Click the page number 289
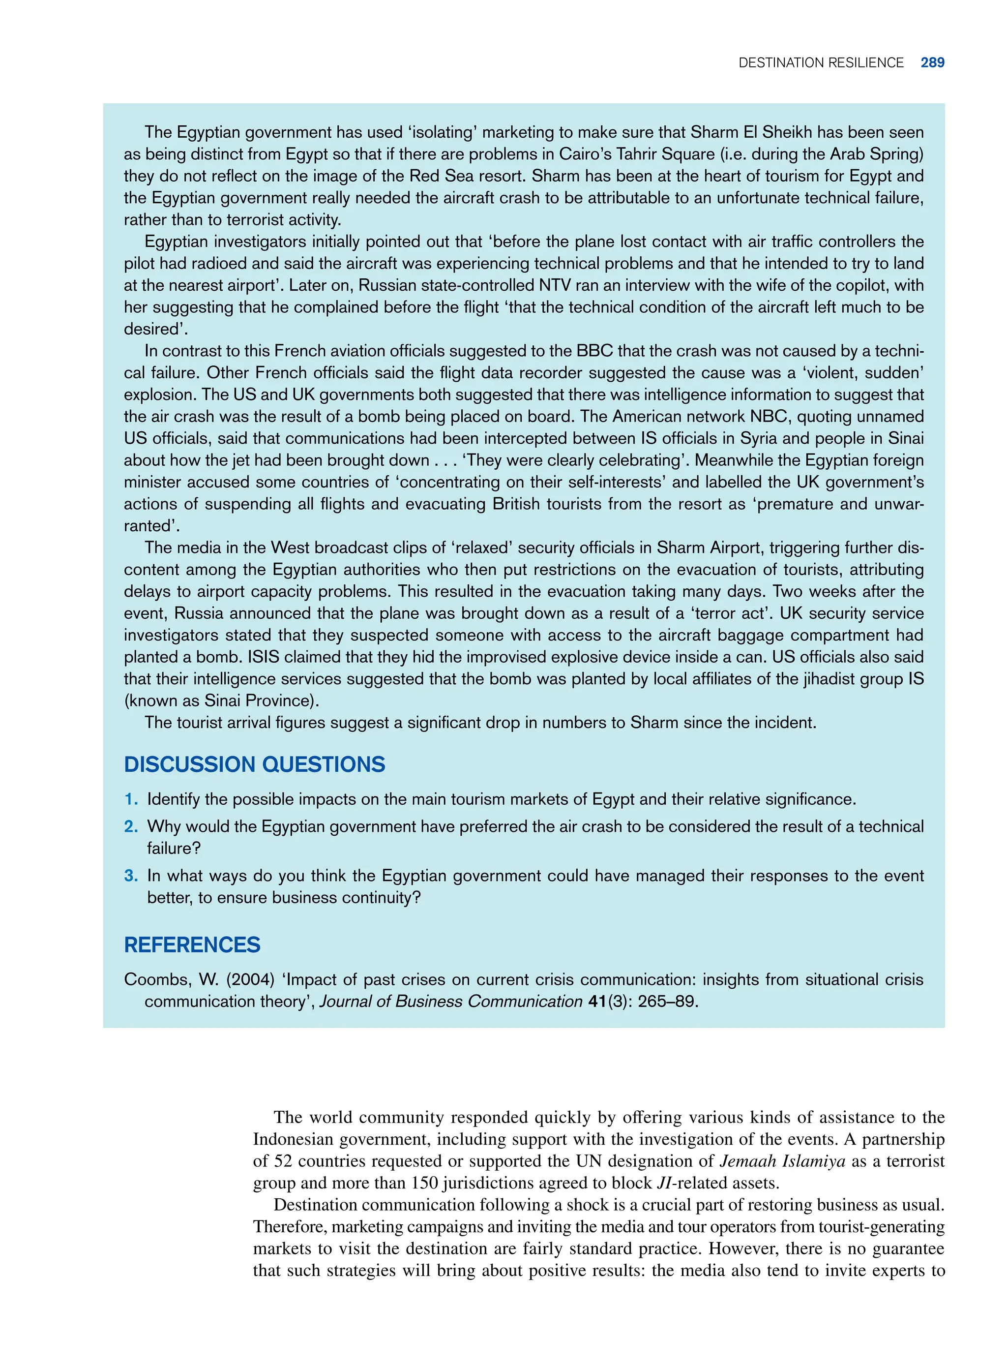(x=932, y=63)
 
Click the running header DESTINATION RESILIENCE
(x=821, y=63)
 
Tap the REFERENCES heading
(x=192, y=944)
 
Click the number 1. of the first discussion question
(x=131, y=799)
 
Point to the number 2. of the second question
(x=131, y=827)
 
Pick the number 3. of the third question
(x=131, y=876)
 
